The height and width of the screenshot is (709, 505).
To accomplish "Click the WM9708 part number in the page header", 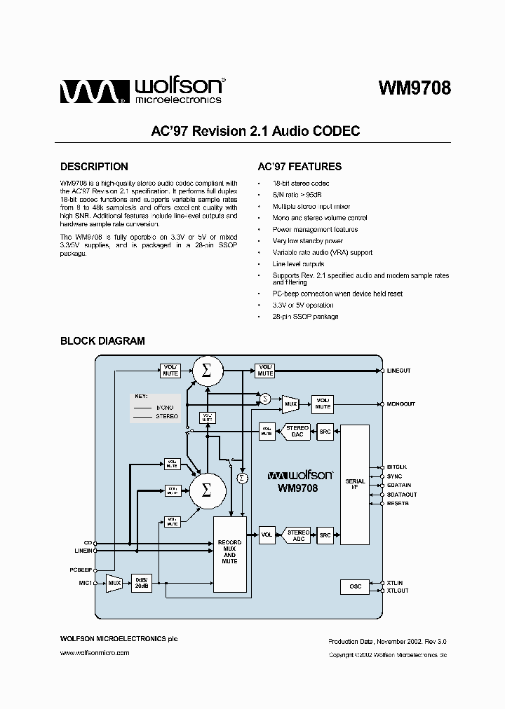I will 414,88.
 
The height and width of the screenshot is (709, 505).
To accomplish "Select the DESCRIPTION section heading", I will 94,167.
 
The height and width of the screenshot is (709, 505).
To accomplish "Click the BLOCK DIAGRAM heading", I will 102,341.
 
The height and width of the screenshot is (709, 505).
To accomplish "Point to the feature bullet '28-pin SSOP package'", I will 305,317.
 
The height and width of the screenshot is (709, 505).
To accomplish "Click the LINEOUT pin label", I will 398,371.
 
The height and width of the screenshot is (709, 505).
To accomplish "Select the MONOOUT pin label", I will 400,404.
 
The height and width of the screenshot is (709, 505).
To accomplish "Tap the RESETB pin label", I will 397,503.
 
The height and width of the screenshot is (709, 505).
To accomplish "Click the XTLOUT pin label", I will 397,591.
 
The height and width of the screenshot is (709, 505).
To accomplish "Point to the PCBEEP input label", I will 81,570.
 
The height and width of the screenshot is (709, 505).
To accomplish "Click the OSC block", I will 355,586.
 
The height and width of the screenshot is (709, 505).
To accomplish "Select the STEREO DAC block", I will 297,432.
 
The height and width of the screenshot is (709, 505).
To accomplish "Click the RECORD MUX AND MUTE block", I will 229,552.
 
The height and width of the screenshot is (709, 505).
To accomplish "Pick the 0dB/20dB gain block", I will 141,582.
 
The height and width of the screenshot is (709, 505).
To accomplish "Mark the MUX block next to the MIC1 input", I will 114,582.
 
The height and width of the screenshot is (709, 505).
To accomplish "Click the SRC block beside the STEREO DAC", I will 325,432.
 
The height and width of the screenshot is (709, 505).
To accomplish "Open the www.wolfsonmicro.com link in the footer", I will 95,652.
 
